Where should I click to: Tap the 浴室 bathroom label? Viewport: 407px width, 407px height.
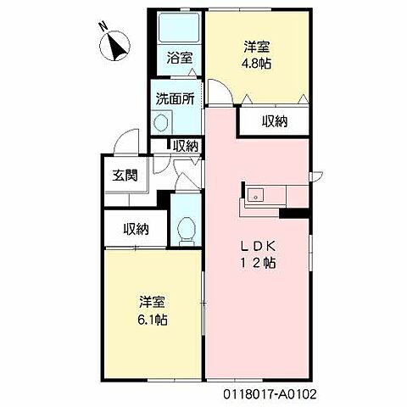coord(178,59)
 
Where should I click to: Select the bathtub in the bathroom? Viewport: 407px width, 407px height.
coord(179,29)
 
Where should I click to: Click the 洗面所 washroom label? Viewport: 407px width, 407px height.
coord(174,98)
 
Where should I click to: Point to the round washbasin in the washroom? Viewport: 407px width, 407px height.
coord(161,121)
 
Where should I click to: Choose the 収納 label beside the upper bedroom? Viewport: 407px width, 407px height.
coord(274,121)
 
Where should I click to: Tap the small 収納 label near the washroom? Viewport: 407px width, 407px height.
coord(186,146)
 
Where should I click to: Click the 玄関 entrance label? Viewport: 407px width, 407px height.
coord(123,176)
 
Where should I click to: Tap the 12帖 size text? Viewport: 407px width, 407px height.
coord(258,263)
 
